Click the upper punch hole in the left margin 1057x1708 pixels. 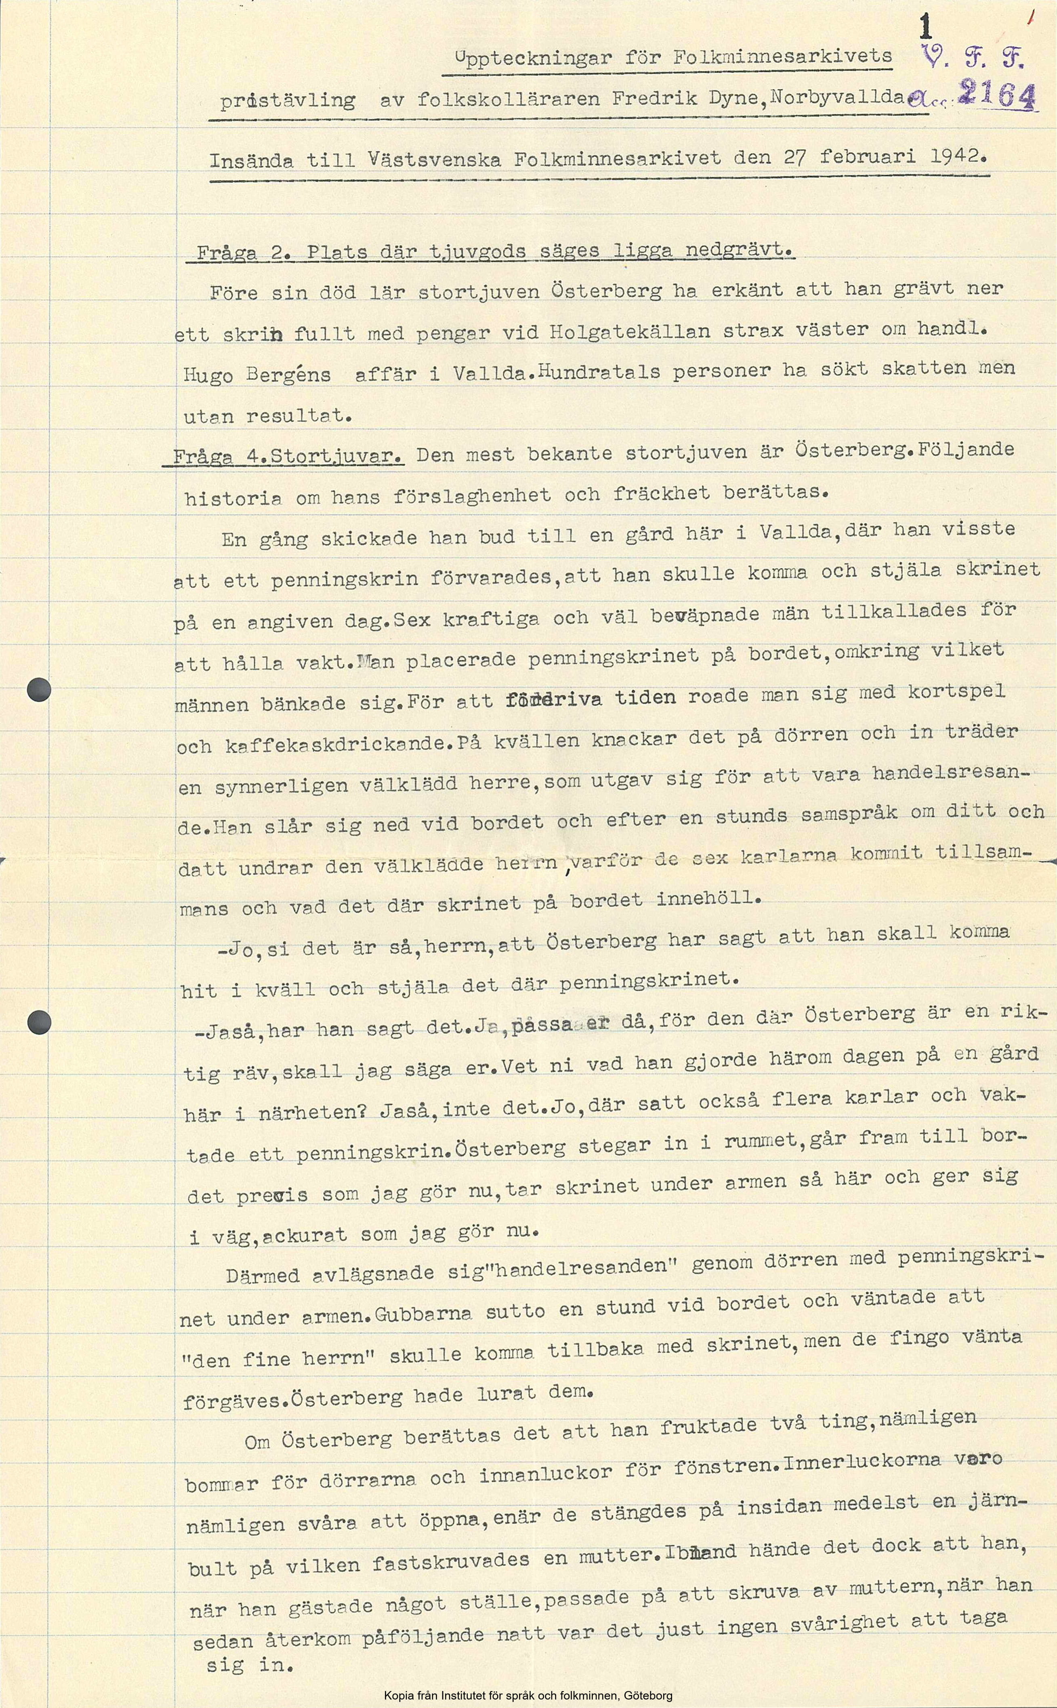point(39,690)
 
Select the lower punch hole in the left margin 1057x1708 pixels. point(39,1022)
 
